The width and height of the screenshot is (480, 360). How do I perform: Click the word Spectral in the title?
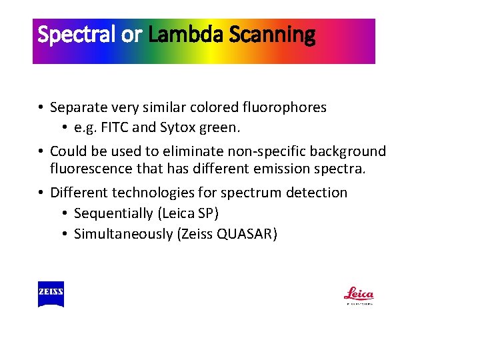[x=77, y=35]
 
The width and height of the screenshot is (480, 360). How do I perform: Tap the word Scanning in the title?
[x=272, y=35]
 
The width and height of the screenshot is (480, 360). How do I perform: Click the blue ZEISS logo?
[x=51, y=294]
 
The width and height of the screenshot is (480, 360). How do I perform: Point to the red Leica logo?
[x=359, y=294]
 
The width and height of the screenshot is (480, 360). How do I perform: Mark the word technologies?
[x=150, y=193]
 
